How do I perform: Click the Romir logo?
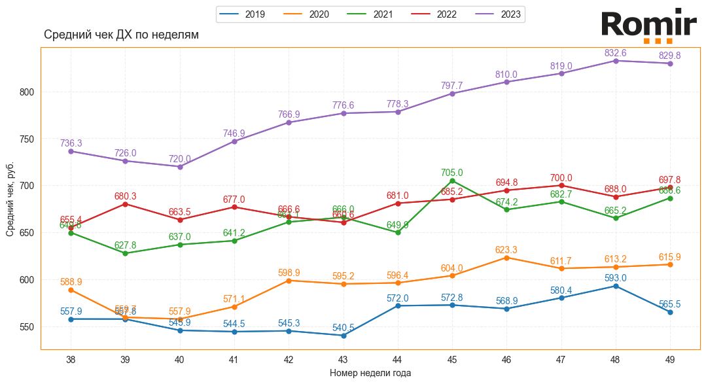(x=648, y=26)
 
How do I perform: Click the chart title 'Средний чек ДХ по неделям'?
(x=121, y=35)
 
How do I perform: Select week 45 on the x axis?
(x=452, y=359)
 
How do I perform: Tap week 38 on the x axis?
(x=71, y=359)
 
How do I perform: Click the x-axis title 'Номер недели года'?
(x=370, y=374)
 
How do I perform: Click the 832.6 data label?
(x=615, y=53)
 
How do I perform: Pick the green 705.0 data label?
(x=451, y=173)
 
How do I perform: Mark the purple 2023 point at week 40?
(x=180, y=166)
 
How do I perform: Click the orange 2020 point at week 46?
(x=506, y=258)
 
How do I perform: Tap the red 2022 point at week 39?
(x=125, y=204)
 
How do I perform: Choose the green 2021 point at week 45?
(x=452, y=181)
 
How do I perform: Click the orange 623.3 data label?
(x=506, y=250)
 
